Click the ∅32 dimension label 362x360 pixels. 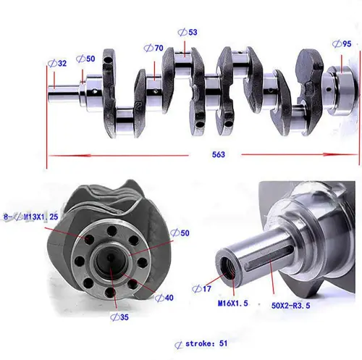tap(57, 64)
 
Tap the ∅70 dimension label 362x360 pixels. tap(154, 48)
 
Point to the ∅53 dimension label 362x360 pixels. tap(187, 33)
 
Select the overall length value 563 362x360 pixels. tap(198, 155)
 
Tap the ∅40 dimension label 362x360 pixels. tap(164, 298)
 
